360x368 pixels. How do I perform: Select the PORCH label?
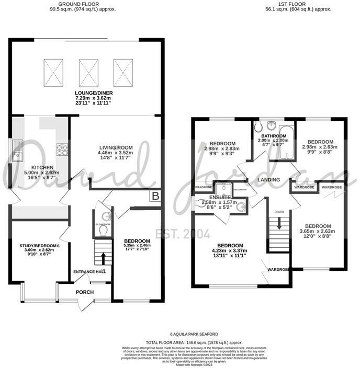84,292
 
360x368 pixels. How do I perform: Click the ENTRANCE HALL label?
87,272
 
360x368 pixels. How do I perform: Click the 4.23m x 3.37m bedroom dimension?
230,251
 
